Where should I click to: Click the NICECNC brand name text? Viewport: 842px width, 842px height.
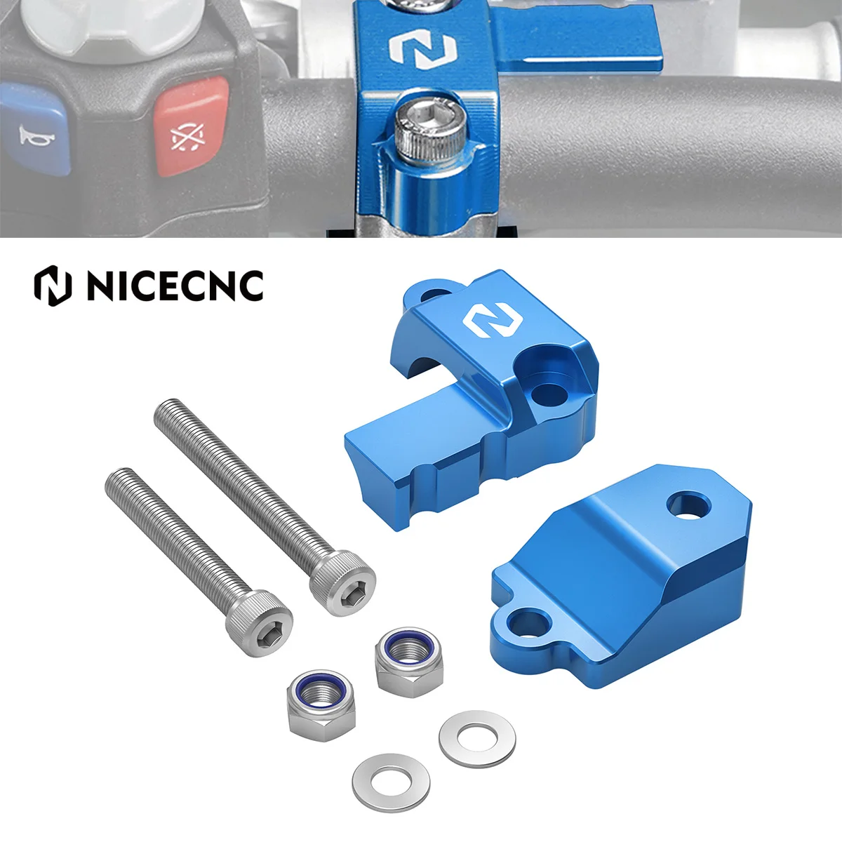(175, 286)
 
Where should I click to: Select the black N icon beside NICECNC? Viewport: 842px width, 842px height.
(53, 286)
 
